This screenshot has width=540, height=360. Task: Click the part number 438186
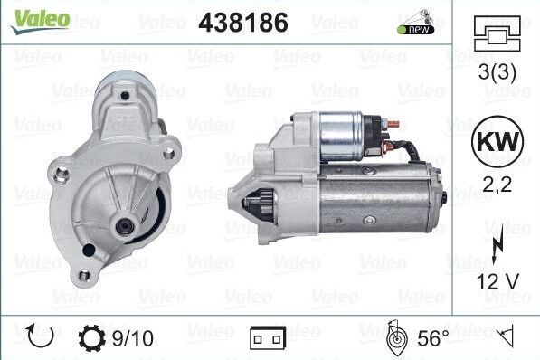coord(243,22)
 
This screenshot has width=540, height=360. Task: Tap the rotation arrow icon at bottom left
coord(42,337)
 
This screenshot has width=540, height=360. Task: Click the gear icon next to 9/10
coord(92,338)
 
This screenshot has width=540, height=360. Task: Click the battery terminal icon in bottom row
coord(267,339)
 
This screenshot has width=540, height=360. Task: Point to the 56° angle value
coord(432,338)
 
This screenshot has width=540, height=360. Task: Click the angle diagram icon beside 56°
coord(394,338)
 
